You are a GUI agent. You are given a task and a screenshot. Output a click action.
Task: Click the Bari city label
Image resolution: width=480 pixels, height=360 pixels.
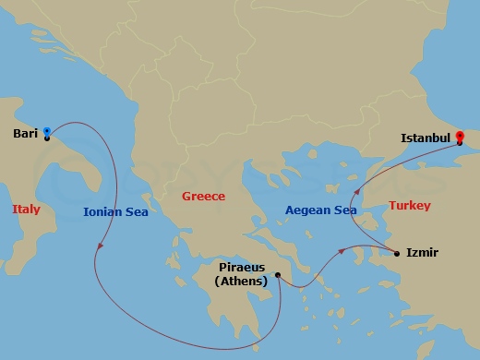click(25, 133)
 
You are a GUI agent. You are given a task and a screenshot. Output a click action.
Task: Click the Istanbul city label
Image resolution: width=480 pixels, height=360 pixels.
click(425, 138)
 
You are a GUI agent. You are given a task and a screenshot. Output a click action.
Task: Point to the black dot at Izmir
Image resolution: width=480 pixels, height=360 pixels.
click(397, 252)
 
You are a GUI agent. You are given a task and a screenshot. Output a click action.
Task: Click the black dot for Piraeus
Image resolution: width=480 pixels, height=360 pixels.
click(277, 273)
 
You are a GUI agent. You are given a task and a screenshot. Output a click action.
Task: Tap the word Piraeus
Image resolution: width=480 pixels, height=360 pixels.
click(243, 269)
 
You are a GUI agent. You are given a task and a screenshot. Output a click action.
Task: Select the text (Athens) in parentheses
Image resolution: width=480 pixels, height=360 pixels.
click(243, 282)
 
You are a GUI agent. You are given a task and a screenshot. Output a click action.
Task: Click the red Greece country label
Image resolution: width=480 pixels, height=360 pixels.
click(203, 197)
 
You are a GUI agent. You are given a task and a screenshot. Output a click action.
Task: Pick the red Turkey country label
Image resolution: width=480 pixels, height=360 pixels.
click(409, 206)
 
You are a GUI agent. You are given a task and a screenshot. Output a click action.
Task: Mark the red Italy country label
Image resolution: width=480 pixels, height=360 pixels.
click(27, 210)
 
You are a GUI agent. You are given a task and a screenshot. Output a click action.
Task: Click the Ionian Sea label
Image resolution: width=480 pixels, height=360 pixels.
click(115, 210)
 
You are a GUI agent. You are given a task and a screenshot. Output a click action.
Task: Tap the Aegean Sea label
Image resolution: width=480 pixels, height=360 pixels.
click(320, 210)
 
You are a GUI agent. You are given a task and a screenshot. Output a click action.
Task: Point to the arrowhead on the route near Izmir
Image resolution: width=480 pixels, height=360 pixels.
click(343, 248)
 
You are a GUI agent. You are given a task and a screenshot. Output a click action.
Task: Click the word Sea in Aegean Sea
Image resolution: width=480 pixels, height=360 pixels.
click(344, 210)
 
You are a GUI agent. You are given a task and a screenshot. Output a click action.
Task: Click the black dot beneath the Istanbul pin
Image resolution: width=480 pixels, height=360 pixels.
click(460, 142)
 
